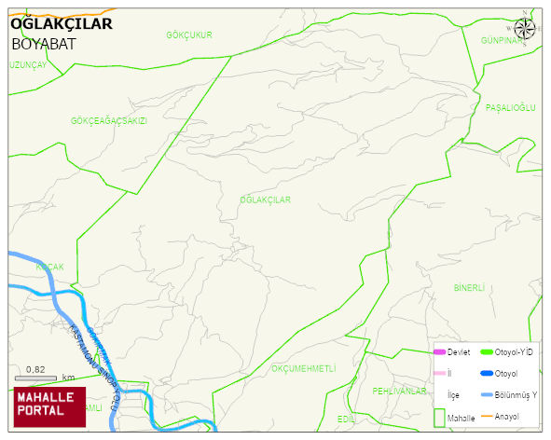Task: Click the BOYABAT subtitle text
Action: pos(44,44)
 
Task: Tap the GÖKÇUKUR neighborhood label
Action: pos(189,35)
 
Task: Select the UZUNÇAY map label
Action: pos(27,65)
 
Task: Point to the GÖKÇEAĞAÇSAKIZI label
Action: pos(109,121)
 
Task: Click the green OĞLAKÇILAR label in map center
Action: pos(266,200)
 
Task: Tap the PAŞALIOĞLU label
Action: pos(511,108)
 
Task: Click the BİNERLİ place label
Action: pos(470,288)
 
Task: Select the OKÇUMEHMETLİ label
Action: pos(303,369)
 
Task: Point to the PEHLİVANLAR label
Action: pos(399,391)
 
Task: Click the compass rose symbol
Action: pos(525,28)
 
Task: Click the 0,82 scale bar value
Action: pos(35,370)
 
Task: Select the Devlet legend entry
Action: pos(458,351)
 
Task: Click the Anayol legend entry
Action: pos(506,416)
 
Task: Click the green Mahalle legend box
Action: pos(438,418)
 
